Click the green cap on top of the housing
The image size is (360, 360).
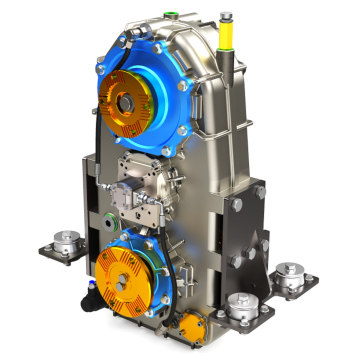175,15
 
